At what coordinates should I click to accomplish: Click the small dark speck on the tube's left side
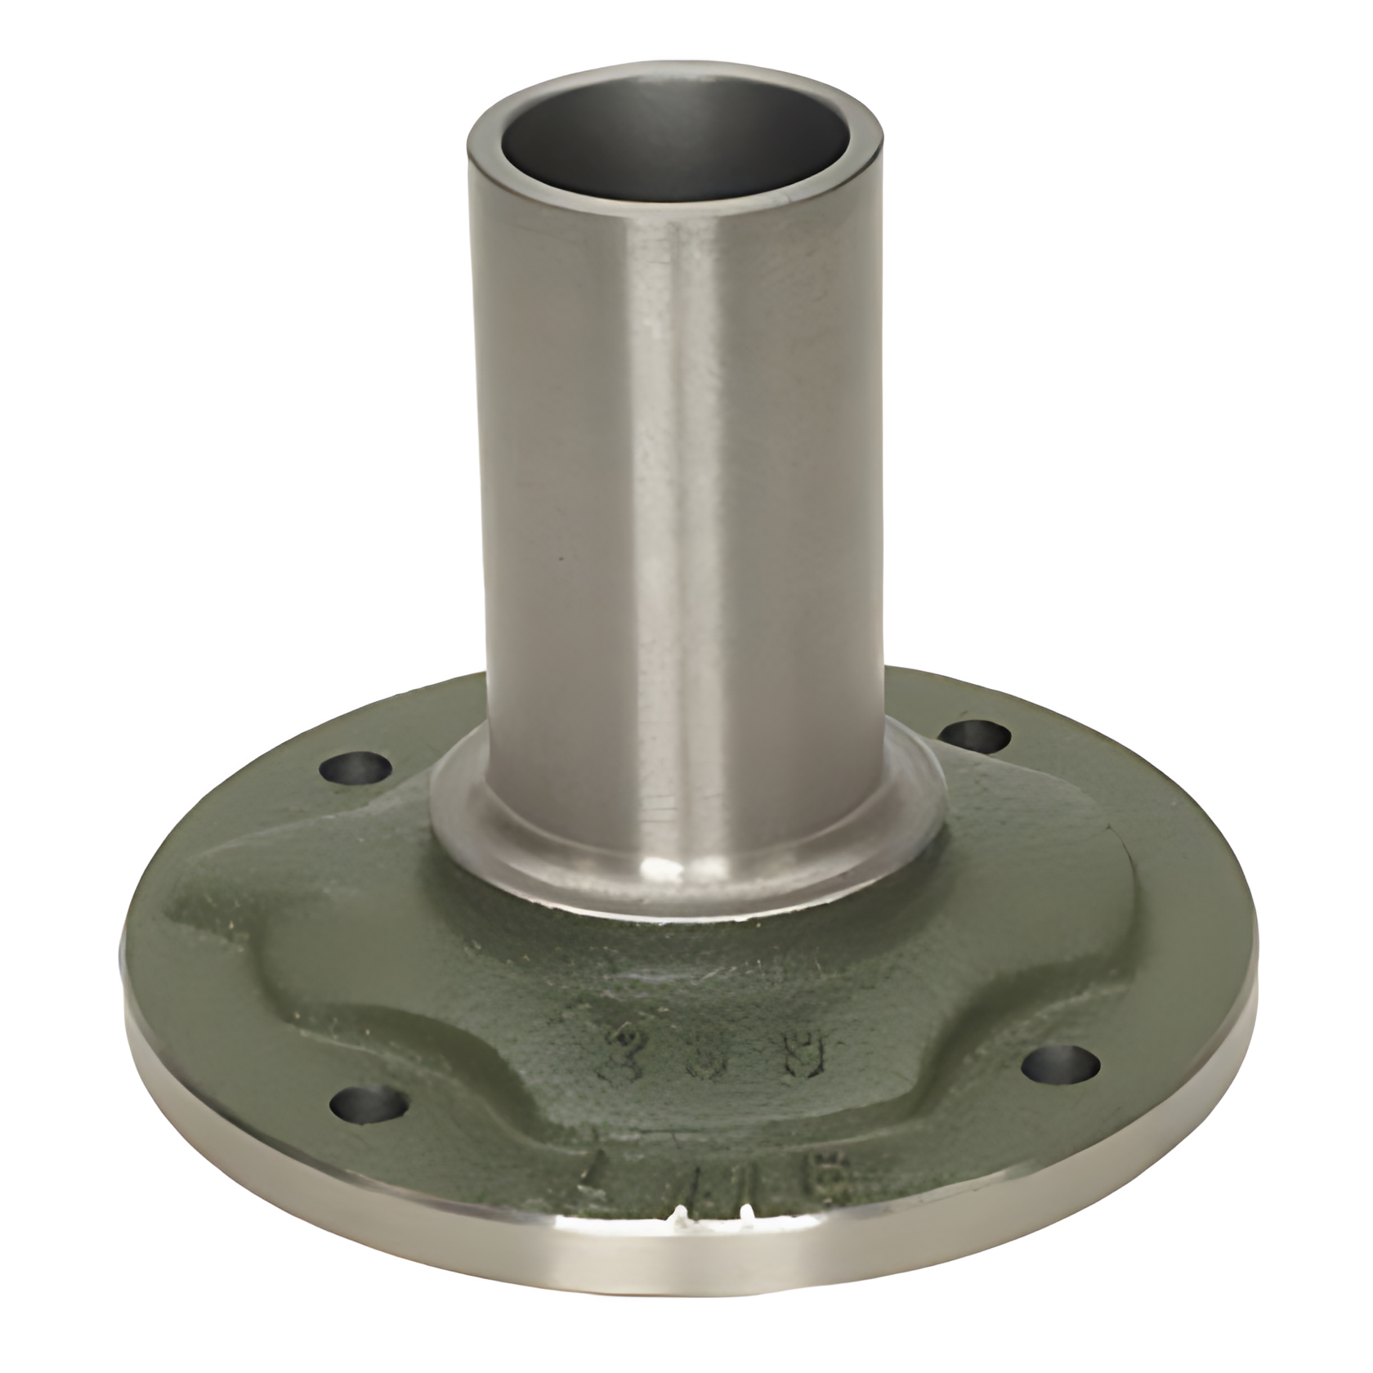click(561, 559)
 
